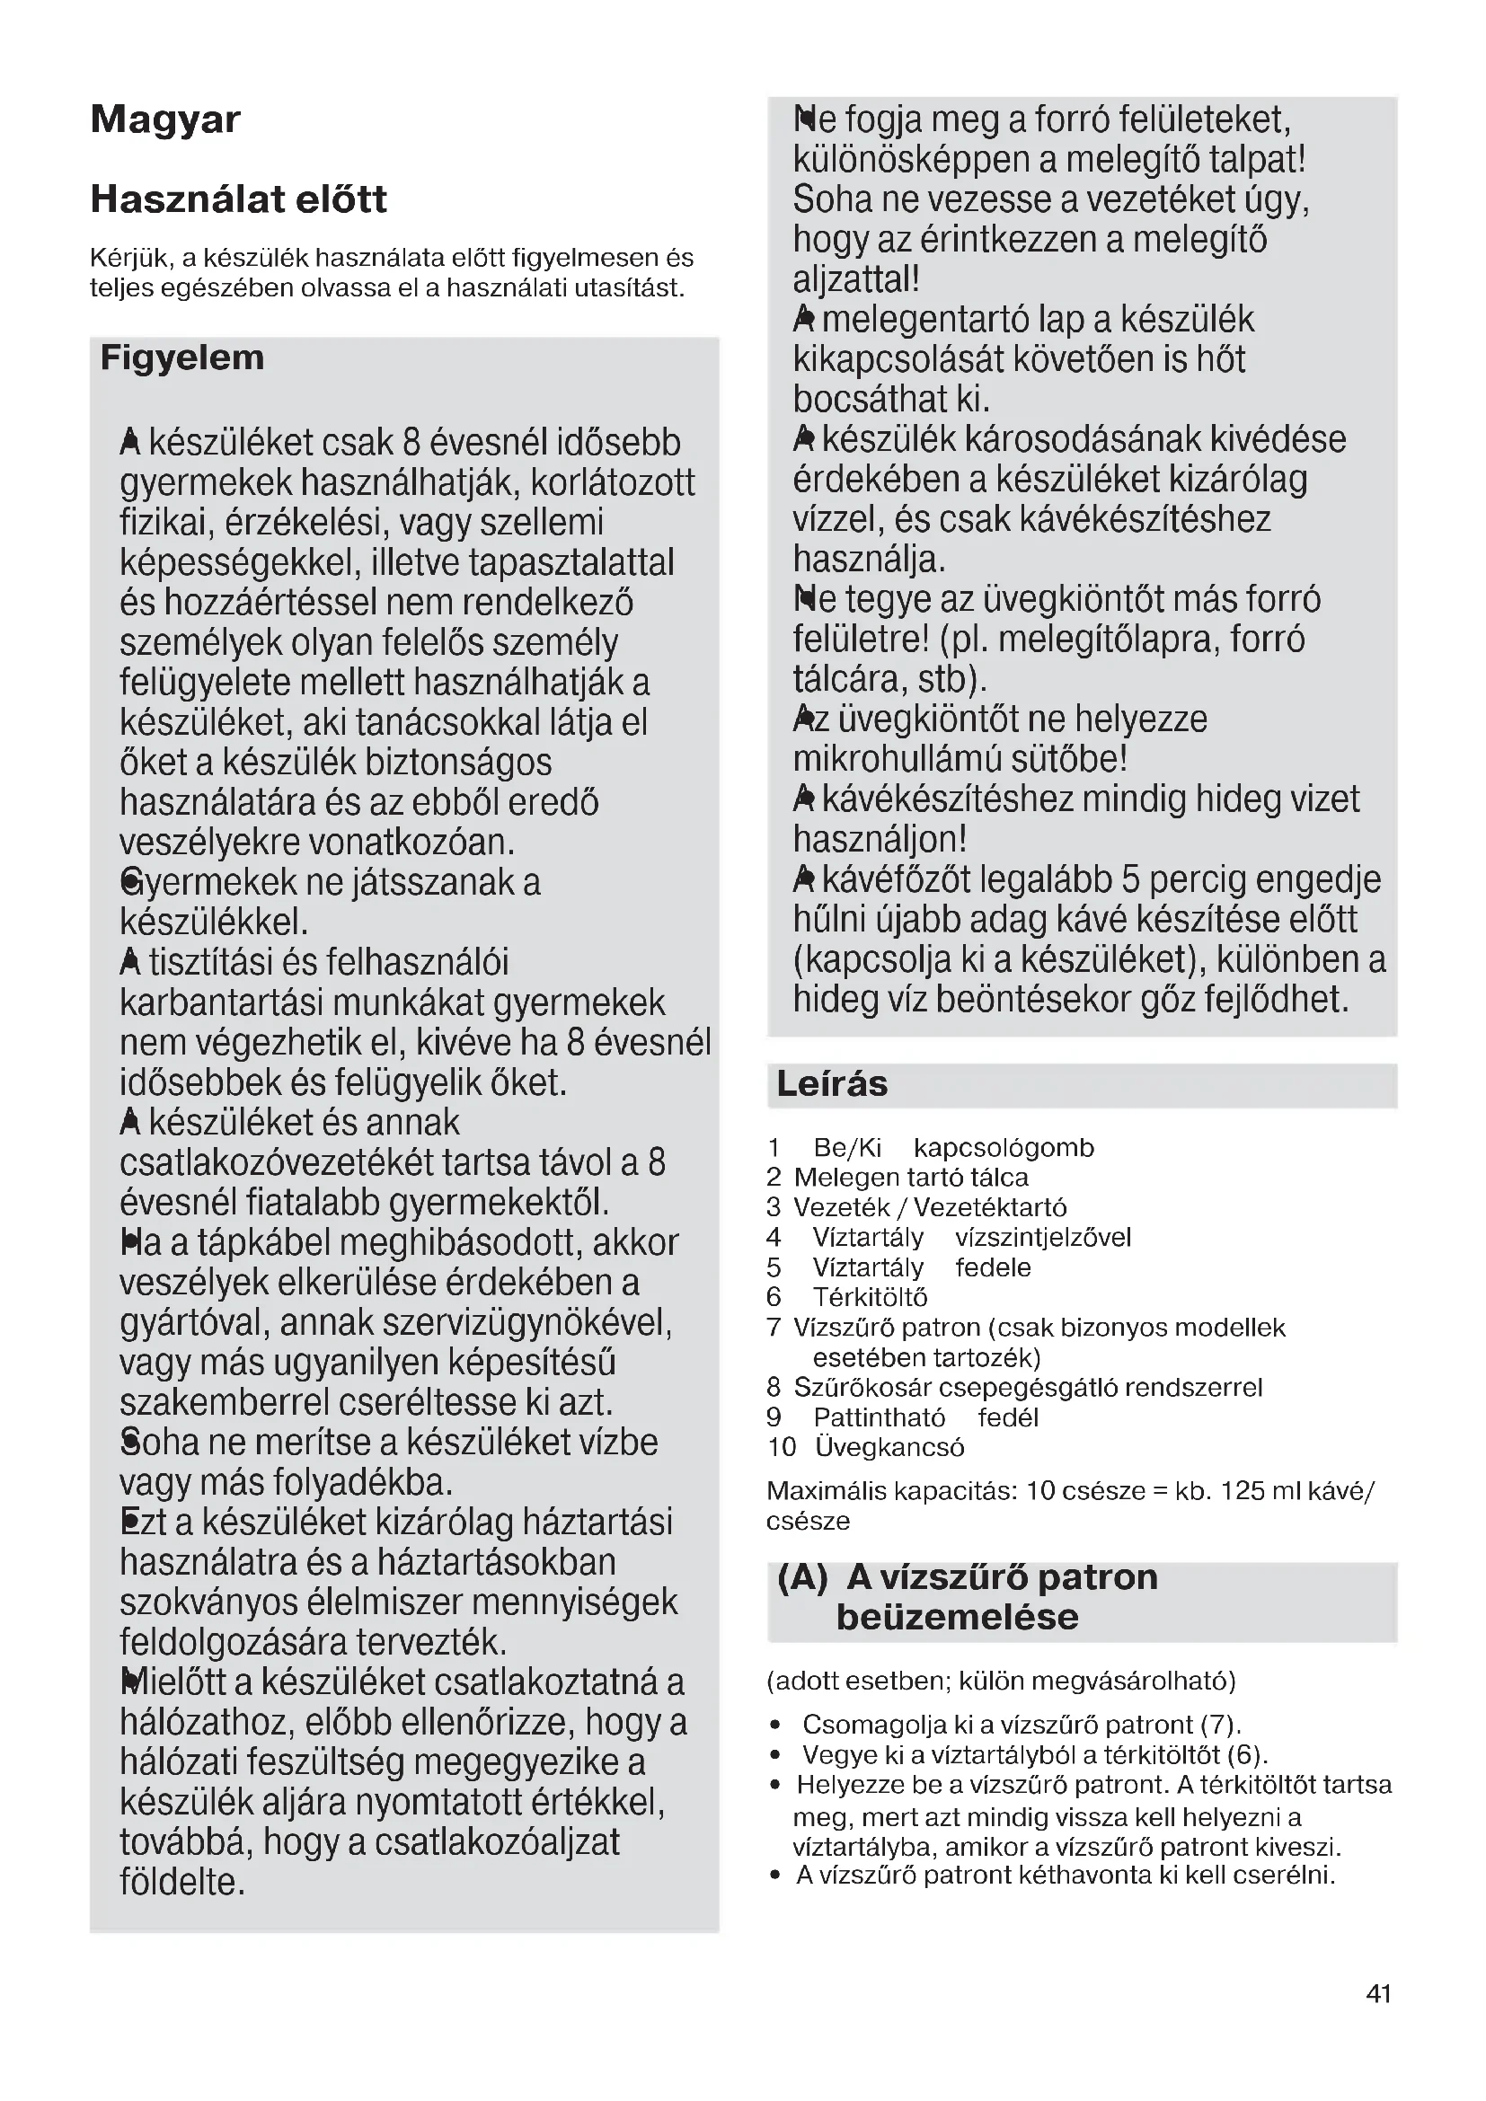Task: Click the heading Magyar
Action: [x=164, y=119]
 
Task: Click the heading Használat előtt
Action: [x=238, y=199]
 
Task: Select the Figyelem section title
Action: [x=181, y=358]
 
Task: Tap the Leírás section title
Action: [x=831, y=1084]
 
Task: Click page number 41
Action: [x=1378, y=1994]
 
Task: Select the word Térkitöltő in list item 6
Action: [x=870, y=1298]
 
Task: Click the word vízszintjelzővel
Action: [x=1042, y=1238]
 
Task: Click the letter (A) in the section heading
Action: [x=802, y=1578]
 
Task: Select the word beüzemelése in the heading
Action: [x=956, y=1618]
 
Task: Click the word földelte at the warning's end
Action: [x=182, y=1884]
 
